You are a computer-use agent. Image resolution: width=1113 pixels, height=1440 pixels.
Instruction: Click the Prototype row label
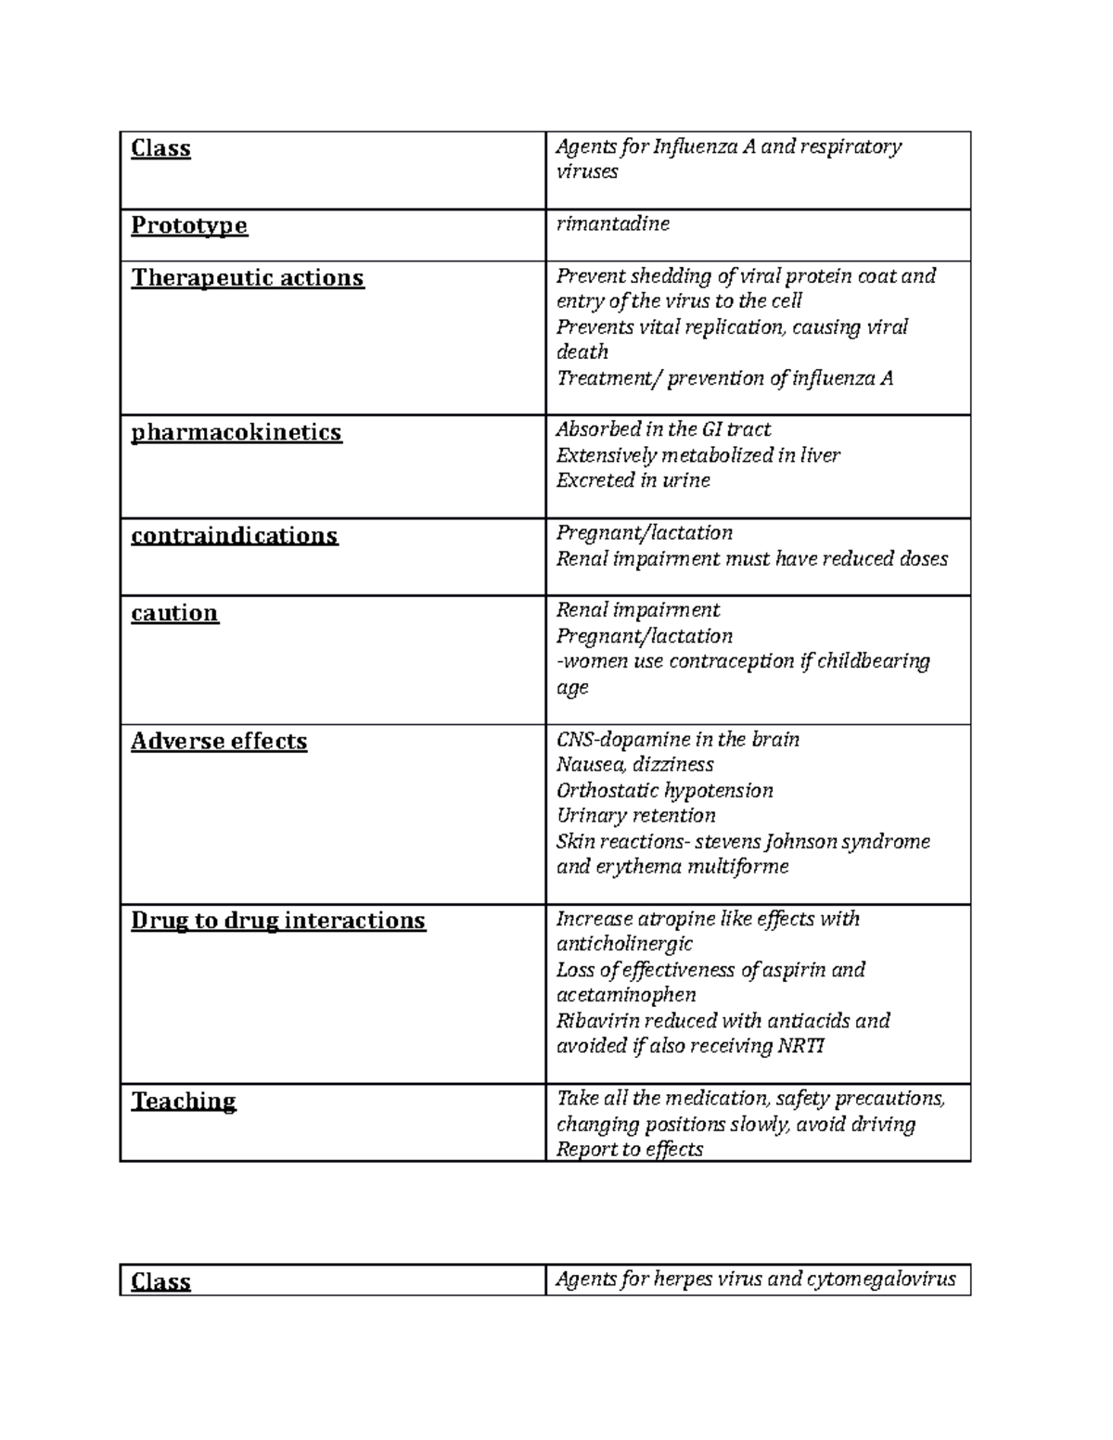click(x=189, y=225)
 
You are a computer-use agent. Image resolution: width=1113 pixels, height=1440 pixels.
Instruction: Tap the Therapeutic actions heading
click(x=248, y=277)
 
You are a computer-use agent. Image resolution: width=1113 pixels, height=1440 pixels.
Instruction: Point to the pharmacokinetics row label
click(x=237, y=432)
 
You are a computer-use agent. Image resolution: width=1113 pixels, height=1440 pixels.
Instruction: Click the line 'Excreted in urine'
click(x=633, y=480)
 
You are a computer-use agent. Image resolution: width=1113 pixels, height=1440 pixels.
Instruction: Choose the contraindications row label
click(x=235, y=536)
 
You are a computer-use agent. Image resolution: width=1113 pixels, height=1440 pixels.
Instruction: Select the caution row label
click(x=174, y=613)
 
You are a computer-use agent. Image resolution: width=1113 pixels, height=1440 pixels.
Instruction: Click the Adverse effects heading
click(x=219, y=741)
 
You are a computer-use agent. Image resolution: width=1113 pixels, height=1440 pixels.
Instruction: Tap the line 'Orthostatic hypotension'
click(x=664, y=790)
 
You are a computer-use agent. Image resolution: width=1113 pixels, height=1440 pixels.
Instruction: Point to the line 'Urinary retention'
click(x=635, y=815)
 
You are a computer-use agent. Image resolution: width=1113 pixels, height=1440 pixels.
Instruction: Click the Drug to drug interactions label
click(x=278, y=920)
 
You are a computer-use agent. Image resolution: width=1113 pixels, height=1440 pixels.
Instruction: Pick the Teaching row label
click(x=184, y=1101)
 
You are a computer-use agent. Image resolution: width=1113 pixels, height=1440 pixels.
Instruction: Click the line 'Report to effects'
click(x=629, y=1149)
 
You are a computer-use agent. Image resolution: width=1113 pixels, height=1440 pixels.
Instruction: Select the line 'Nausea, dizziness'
click(x=634, y=764)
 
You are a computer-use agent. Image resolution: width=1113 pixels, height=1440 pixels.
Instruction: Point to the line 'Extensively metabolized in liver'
click(x=697, y=454)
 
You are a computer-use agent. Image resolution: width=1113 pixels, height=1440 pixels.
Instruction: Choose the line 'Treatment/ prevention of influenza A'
click(x=724, y=377)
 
